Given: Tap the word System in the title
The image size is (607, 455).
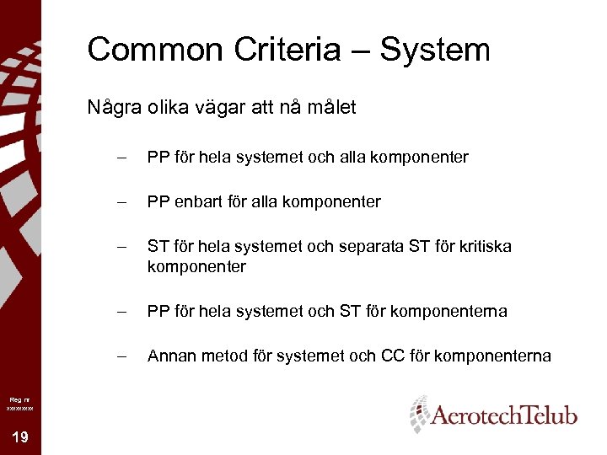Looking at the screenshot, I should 435,51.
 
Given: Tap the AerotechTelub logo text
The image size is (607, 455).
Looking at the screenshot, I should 504,415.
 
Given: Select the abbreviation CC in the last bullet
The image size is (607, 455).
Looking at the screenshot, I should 392,356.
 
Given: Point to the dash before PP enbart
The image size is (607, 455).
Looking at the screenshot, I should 122,202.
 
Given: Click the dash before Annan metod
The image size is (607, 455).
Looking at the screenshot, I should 122,356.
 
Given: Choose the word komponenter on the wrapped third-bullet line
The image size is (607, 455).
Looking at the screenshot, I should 196,267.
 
